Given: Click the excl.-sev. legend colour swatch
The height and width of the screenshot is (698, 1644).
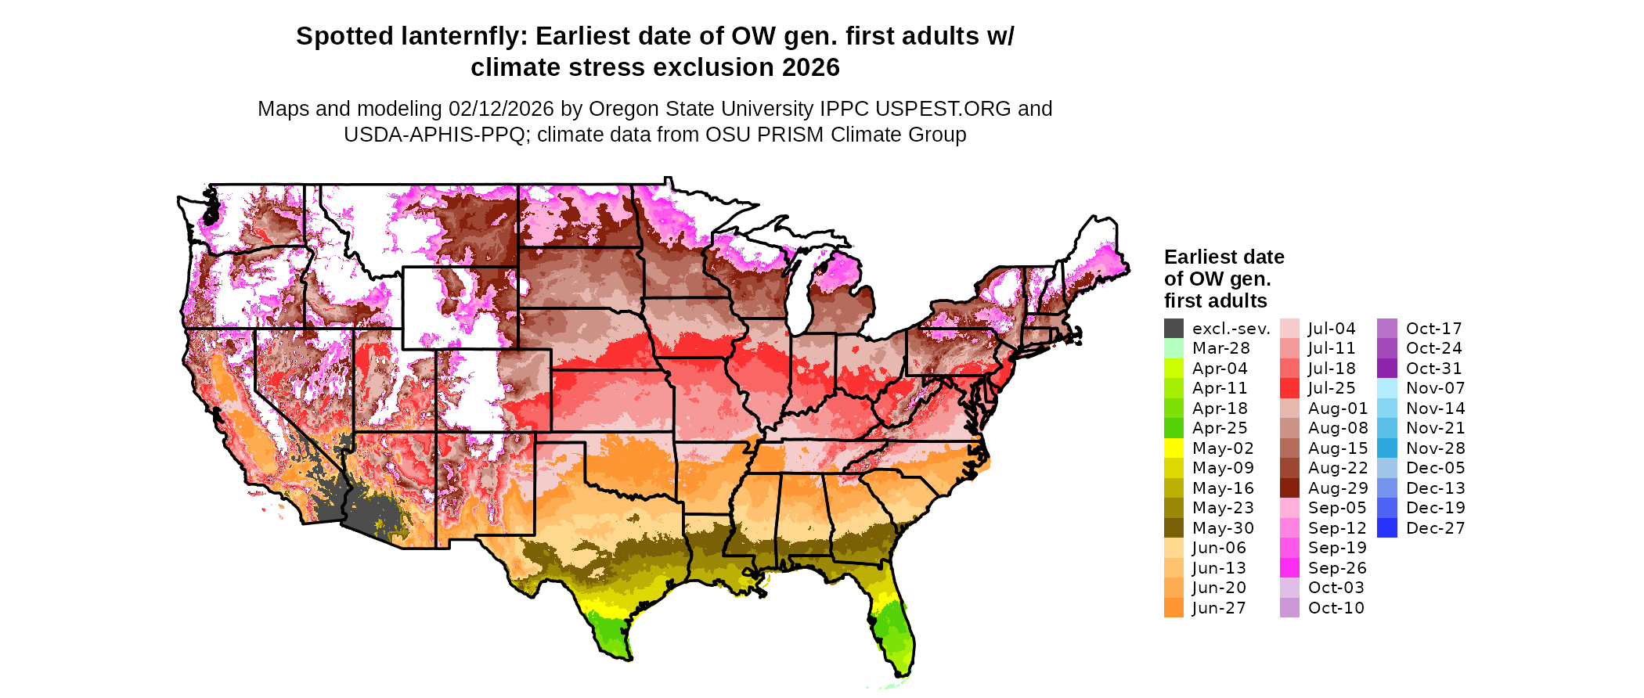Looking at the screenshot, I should click(1174, 329).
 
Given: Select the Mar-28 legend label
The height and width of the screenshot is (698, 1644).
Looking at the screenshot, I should click(1220, 348).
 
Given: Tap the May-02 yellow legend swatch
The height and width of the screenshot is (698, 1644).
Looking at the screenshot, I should click(1174, 448).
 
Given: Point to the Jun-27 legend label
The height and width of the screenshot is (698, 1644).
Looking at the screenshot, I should click(1219, 608).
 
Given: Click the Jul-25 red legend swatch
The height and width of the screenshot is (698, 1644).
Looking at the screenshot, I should click(1289, 388).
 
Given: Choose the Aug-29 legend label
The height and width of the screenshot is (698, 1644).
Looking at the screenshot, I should click(1338, 488).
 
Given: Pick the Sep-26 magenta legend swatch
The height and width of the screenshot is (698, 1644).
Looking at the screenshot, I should click(1289, 568).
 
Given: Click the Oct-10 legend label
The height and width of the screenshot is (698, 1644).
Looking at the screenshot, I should click(1336, 608).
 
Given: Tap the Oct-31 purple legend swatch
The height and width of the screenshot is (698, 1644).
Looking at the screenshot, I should click(1386, 369).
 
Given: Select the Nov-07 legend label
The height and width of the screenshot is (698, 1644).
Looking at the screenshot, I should click(1435, 388).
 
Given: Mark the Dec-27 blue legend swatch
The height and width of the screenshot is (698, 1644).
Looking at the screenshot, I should click(1386, 528).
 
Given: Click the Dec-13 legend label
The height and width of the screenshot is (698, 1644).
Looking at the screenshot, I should click(1435, 488).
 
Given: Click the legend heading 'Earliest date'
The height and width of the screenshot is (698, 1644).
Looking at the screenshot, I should click(1224, 257).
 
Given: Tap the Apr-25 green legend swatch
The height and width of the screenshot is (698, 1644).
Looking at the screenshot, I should click(1174, 428).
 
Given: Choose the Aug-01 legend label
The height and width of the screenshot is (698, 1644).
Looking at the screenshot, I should click(1338, 408).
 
